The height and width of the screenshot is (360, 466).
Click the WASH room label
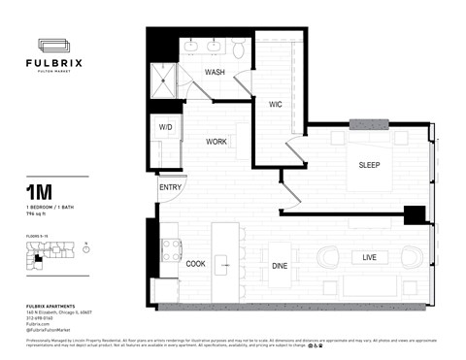pos(216,73)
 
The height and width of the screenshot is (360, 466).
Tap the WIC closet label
pos(275,103)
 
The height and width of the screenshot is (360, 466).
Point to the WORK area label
pos(216,142)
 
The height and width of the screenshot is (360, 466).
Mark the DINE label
pos(280,264)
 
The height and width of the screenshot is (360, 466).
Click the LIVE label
pos(369,257)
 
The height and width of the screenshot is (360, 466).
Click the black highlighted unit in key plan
pos(38,258)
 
